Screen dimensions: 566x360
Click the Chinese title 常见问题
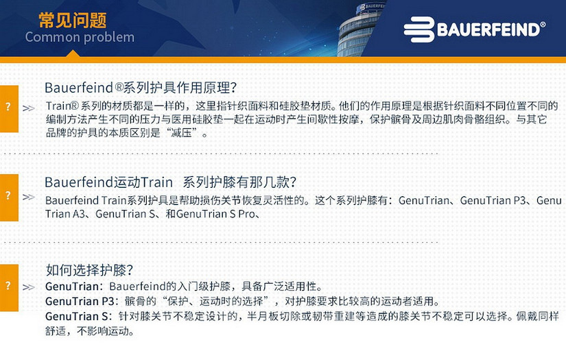click(72, 20)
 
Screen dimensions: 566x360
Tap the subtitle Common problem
click(80, 37)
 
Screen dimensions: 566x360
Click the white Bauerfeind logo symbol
click(419, 29)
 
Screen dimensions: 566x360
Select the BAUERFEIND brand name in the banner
click(488, 29)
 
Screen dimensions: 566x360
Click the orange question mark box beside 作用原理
click(9, 109)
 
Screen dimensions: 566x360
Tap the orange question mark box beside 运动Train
click(9, 197)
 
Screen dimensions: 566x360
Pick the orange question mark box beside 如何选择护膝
click(9, 287)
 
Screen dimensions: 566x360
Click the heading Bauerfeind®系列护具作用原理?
click(141, 88)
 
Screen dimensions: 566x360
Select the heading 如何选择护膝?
click(89, 269)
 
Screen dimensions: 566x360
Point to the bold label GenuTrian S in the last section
click(76, 316)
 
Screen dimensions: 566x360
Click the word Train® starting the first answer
click(62, 106)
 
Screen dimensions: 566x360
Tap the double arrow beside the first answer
click(29, 108)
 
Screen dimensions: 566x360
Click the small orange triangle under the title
click(73, 53)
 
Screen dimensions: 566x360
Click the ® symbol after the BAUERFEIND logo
click(543, 25)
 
